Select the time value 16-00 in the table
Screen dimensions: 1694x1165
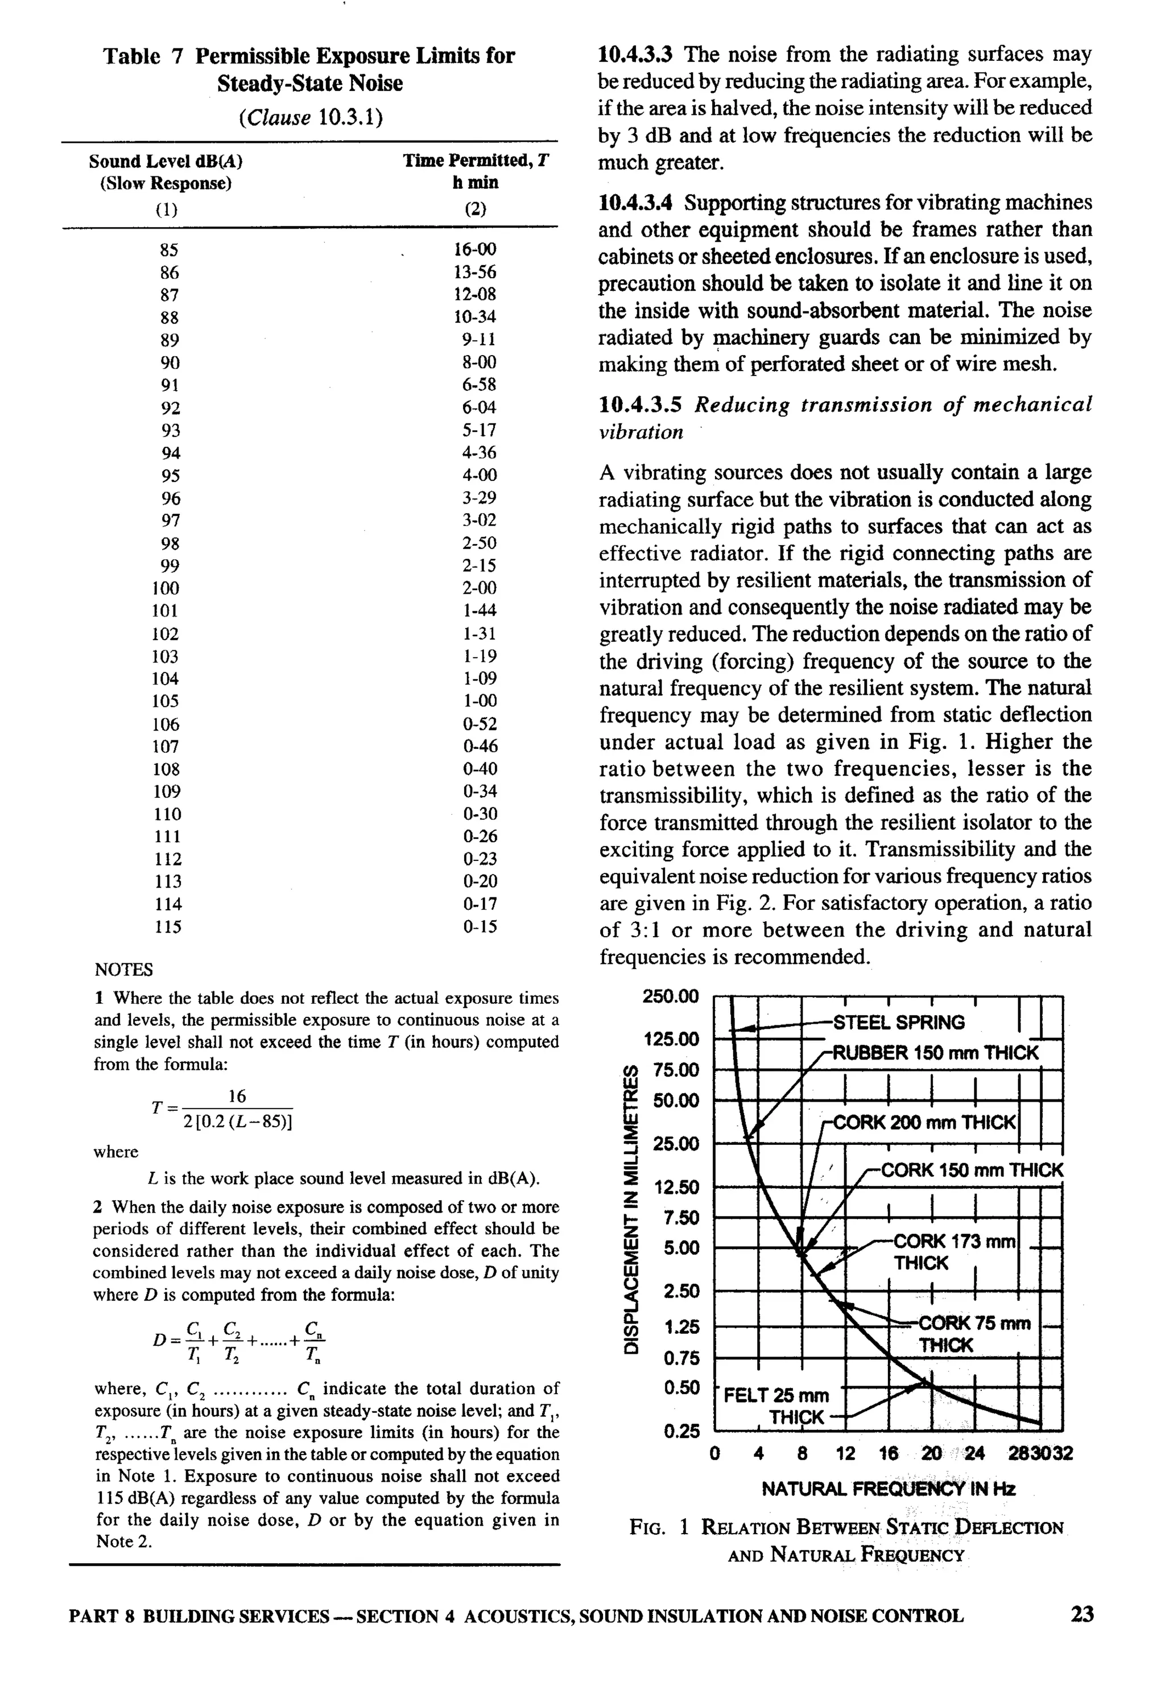tap(474, 250)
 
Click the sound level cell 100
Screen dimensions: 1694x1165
tap(166, 588)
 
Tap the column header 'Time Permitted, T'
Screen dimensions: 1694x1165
tap(475, 160)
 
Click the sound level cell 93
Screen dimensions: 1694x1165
tap(170, 431)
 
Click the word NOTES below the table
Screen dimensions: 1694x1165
tap(124, 970)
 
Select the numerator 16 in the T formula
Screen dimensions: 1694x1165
tap(237, 1097)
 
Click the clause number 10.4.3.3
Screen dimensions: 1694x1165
tap(636, 55)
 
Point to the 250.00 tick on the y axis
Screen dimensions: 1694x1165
tap(670, 997)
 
